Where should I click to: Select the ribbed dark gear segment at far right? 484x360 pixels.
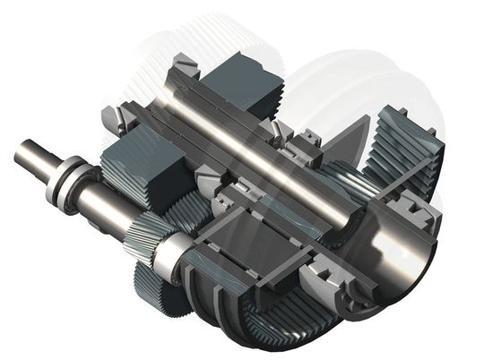click(403, 152)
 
